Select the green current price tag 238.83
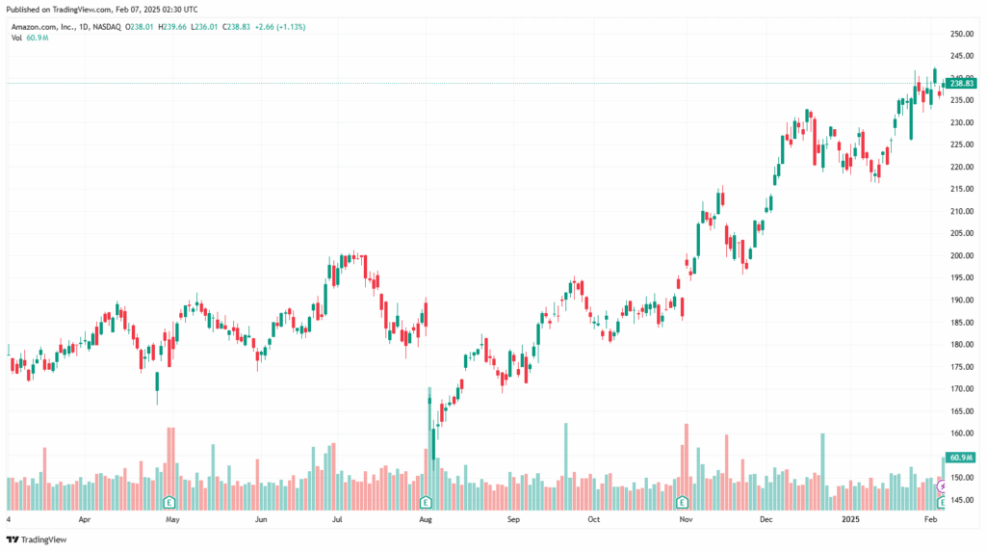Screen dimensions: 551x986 [963, 83]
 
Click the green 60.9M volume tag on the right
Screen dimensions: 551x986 [961, 458]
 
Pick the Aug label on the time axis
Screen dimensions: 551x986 [426, 519]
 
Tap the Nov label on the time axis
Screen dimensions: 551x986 [686, 519]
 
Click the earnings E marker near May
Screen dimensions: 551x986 [169, 502]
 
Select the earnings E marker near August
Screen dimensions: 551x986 [426, 502]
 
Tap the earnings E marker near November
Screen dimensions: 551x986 [682, 502]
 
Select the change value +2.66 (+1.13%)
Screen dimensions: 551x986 [278, 27]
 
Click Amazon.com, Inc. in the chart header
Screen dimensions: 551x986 [44, 27]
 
